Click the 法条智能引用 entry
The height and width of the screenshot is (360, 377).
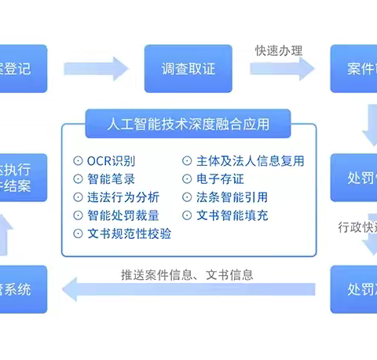coord(225,197)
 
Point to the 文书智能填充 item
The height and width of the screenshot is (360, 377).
coord(225,215)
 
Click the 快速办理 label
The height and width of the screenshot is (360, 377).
coord(279,50)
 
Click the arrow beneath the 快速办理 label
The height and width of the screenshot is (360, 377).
coord(282,68)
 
